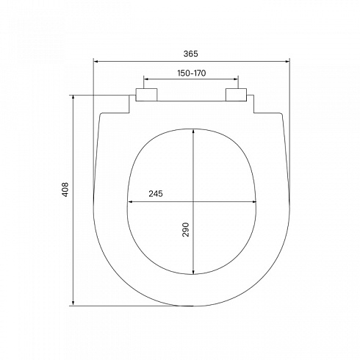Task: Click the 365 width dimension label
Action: (x=190, y=54)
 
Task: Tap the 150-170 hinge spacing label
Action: (x=192, y=73)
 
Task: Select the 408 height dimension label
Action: (x=65, y=190)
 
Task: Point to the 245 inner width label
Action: (x=156, y=194)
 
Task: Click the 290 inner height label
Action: (x=186, y=229)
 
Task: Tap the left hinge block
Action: (x=146, y=95)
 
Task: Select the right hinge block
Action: (x=236, y=95)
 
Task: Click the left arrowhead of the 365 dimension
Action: (x=96, y=62)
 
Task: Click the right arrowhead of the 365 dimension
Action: (x=287, y=62)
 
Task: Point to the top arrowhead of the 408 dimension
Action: (x=73, y=98)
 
